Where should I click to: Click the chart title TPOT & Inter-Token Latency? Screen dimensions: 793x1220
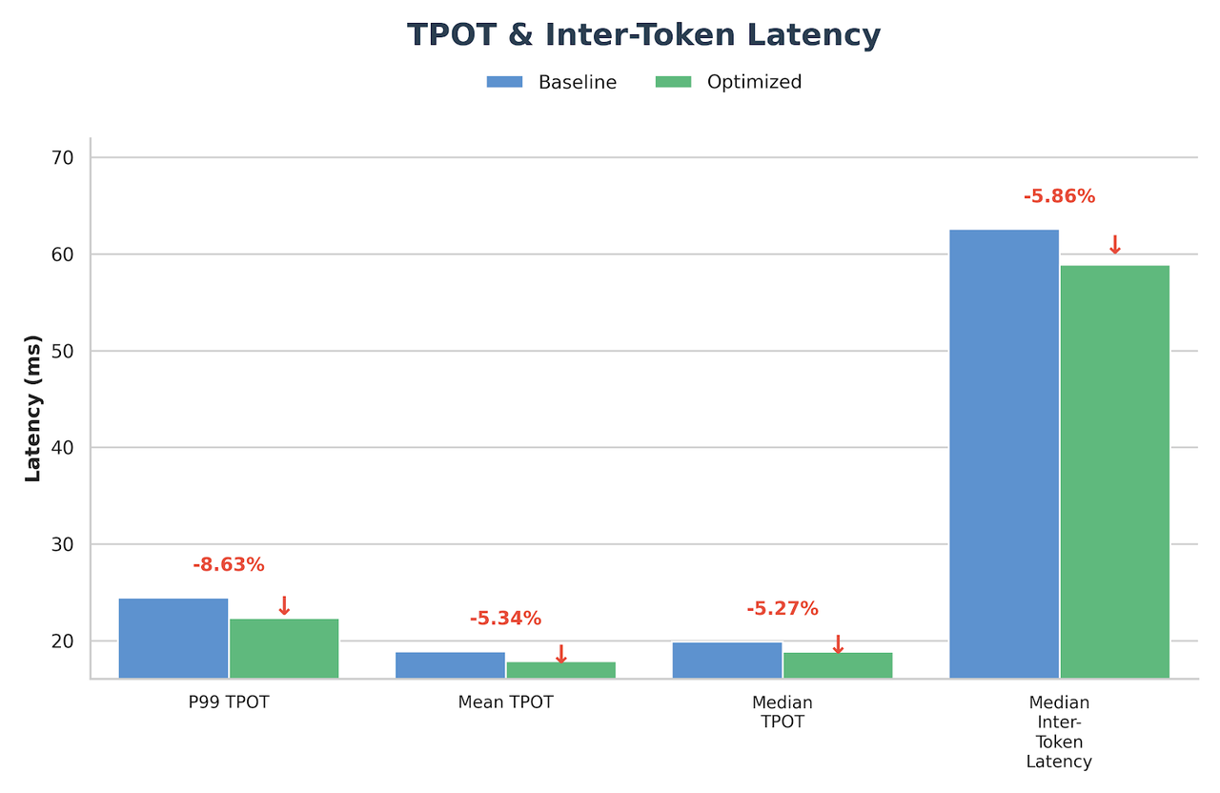tap(643, 35)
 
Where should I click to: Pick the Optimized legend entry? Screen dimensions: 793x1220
tap(728, 82)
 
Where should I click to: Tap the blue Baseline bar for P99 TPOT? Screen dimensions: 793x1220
tap(173, 638)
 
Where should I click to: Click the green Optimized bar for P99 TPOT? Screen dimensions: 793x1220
tap(284, 648)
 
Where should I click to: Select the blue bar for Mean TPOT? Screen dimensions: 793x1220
tap(450, 664)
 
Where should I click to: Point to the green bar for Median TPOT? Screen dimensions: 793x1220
tap(838, 664)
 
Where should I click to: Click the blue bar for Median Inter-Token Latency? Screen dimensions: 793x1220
tap(1004, 454)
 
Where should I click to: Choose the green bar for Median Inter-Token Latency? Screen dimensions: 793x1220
tap(1115, 472)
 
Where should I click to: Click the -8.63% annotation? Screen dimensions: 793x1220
tap(229, 564)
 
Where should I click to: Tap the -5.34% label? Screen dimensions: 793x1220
tap(505, 619)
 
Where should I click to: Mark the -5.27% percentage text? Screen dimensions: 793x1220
tap(783, 608)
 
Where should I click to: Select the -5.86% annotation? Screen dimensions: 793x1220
tap(1059, 196)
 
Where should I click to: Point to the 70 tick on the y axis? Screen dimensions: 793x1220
tap(63, 157)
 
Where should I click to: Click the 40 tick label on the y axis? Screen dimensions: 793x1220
tap(63, 448)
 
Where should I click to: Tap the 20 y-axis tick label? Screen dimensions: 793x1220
tap(63, 641)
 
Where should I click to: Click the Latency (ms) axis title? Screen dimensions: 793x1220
tap(33, 408)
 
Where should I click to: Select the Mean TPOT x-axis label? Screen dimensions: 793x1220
tap(505, 702)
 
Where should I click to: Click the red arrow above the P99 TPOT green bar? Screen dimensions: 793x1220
tap(284, 605)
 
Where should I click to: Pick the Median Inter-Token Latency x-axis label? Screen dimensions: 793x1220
tap(1059, 731)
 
